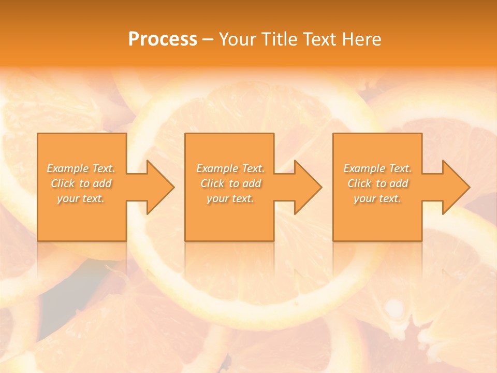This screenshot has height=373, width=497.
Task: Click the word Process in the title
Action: click(163, 39)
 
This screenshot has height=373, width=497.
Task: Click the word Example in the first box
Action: click(68, 168)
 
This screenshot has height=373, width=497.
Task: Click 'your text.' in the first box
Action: click(81, 198)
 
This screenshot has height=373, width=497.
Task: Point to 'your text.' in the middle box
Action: click(230, 198)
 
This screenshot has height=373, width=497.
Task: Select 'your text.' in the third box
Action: click(377, 198)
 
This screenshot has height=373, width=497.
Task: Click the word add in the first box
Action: click(103, 183)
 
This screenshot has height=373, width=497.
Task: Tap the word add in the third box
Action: click(399, 183)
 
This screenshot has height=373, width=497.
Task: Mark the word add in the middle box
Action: click(252, 183)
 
